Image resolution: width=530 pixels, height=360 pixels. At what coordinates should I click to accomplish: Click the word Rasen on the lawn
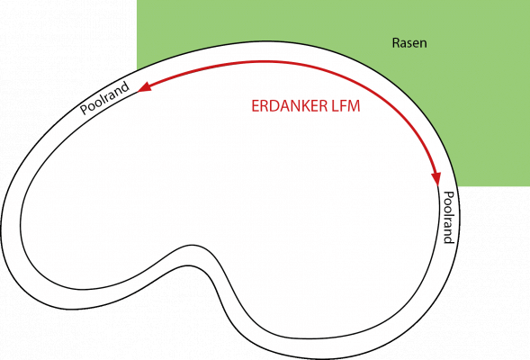(x=409, y=43)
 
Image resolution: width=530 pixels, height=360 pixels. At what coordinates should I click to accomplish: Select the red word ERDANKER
(x=290, y=106)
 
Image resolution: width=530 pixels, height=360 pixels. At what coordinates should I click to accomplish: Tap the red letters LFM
(x=346, y=106)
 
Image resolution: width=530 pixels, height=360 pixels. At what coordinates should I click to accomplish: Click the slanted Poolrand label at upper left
(x=104, y=98)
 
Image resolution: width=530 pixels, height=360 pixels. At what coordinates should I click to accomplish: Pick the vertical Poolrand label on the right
(x=448, y=218)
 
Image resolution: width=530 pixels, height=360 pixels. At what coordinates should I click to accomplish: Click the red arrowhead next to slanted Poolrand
(x=144, y=87)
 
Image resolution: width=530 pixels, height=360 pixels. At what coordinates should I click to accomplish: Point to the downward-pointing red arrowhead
(x=436, y=178)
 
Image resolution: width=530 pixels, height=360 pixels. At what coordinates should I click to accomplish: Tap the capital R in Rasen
(x=396, y=43)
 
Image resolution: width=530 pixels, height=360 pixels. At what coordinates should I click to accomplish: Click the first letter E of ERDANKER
(x=256, y=106)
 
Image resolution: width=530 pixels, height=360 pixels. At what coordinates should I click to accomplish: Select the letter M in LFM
(x=354, y=106)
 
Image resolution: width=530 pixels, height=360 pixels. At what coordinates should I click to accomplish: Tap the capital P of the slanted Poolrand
(x=85, y=110)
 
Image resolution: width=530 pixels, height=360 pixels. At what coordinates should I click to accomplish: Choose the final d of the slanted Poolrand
(x=125, y=87)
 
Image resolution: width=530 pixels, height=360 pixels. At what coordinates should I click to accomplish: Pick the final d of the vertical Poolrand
(x=448, y=239)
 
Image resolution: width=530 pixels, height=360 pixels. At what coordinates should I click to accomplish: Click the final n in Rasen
(x=424, y=44)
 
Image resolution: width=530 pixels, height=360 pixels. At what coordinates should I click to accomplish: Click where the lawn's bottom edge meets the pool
(x=459, y=186)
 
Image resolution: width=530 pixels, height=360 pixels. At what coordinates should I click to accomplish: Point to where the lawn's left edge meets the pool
(x=137, y=70)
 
